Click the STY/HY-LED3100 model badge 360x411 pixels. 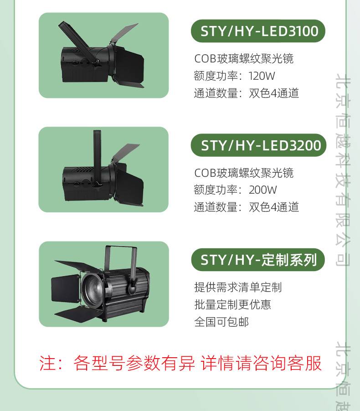(258, 31)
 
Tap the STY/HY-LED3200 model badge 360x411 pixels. (258, 145)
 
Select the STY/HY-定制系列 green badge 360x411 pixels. (258, 260)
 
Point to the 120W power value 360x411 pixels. (262, 76)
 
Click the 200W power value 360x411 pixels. (263, 190)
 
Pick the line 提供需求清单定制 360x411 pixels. (238, 287)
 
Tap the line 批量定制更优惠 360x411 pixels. (232, 304)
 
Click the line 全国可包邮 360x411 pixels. (221, 322)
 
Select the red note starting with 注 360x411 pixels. (180, 363)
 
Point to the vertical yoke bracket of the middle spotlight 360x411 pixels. (97, 157)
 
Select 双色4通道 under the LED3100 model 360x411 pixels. (274, 93)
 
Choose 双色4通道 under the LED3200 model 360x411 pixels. (274, 207)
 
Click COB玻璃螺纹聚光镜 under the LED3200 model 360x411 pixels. (244, 173)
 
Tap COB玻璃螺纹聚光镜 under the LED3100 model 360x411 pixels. (244, 59)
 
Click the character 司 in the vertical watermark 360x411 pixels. (343, 259)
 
